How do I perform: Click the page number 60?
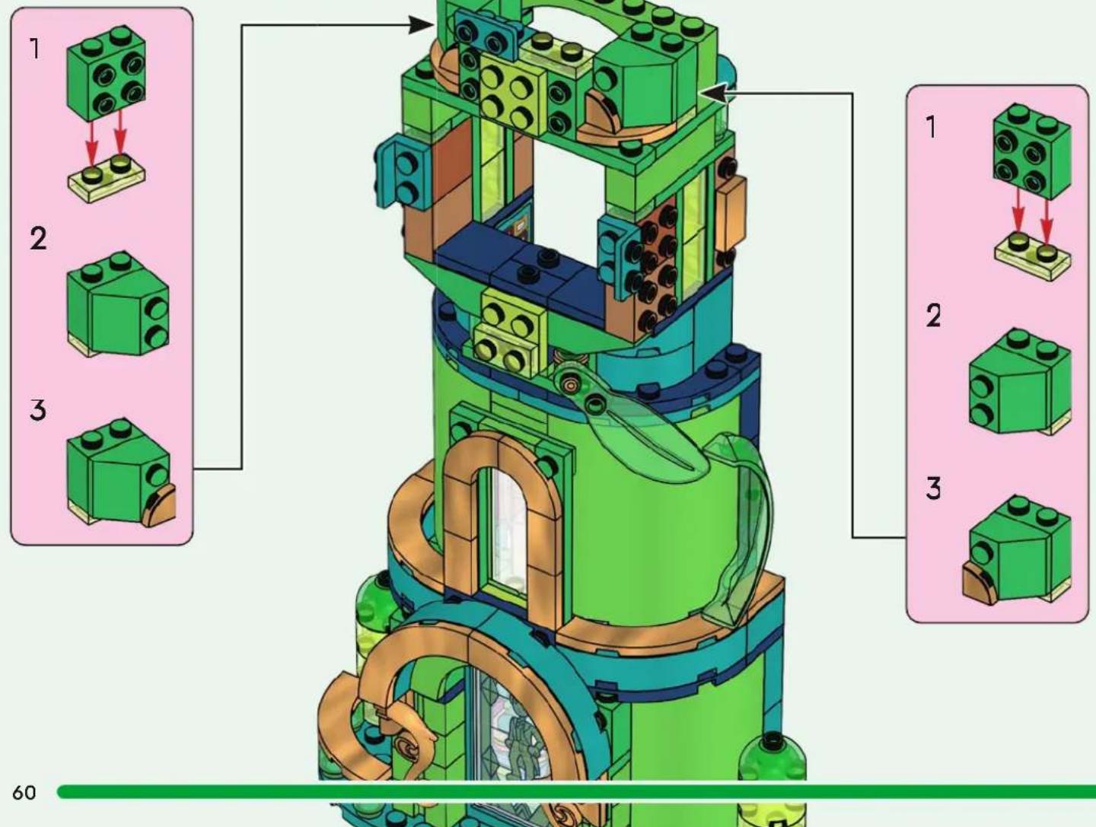24,793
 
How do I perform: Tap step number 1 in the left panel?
35,49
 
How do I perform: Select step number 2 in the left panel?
38,239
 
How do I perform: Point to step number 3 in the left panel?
38,410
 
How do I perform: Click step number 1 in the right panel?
932,127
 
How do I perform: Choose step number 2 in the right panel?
933,316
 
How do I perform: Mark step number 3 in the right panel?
933,488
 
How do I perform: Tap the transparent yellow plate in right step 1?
1033,256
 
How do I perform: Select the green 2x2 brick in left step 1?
107,73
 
